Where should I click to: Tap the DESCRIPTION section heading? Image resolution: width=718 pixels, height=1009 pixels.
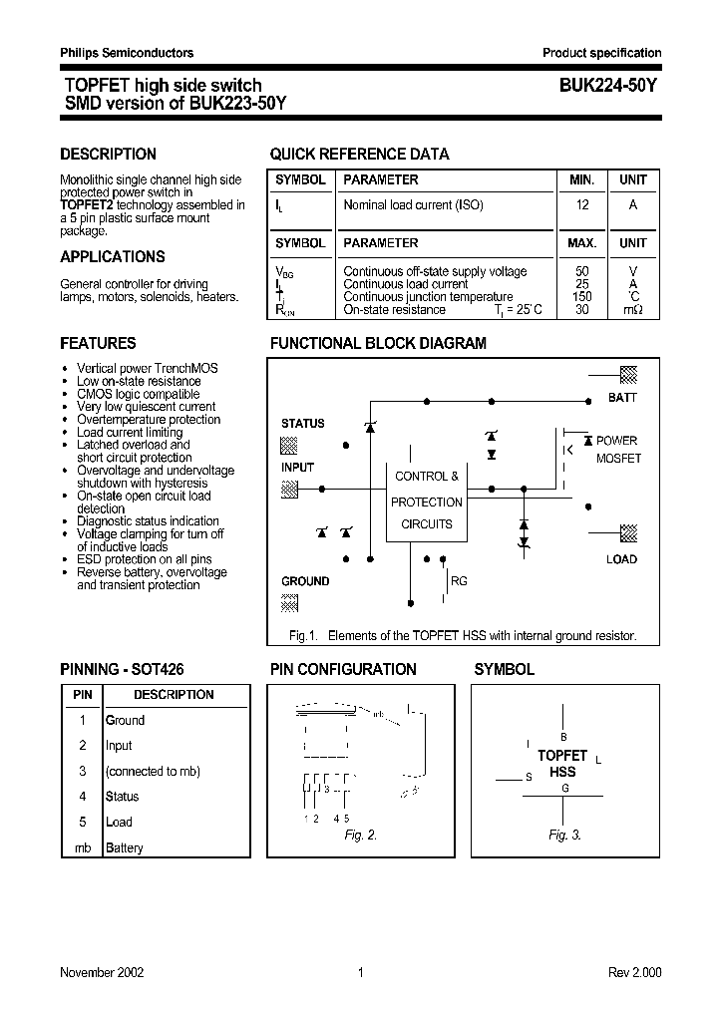[108, 155]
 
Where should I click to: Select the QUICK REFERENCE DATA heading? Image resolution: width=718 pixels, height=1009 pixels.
[359, 155]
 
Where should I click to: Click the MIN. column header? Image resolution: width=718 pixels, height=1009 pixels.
[581, 180]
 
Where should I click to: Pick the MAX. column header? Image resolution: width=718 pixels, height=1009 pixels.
[581, 243]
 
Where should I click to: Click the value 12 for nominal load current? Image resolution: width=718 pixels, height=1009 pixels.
[582, 205]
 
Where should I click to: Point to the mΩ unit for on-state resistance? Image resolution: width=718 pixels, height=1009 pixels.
[633, 310]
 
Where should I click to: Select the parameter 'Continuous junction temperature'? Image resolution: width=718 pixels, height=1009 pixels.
[428, 297]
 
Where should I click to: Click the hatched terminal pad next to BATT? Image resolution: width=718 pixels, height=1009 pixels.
[628, 375]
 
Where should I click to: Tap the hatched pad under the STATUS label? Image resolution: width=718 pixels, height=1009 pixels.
[289, 444]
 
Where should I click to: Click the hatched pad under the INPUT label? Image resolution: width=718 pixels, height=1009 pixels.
[289, 489]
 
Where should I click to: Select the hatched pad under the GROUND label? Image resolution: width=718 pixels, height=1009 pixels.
[289, 602]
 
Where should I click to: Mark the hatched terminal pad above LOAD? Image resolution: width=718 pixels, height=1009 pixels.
[628, 533]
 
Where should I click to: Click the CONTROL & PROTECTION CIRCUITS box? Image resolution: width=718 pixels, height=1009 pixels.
[426, 501]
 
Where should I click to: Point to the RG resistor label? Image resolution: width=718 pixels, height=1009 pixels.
[459, 581]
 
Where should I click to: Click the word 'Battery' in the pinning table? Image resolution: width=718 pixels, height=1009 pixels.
[125, 847]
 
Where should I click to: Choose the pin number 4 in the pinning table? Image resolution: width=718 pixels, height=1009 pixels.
[83, 797]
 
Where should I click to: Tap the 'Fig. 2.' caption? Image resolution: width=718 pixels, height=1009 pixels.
[360, 836]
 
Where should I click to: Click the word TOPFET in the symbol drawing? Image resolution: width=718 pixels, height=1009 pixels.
[562, 756]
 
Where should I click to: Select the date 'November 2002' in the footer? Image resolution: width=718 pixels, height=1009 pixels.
[102, 972]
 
